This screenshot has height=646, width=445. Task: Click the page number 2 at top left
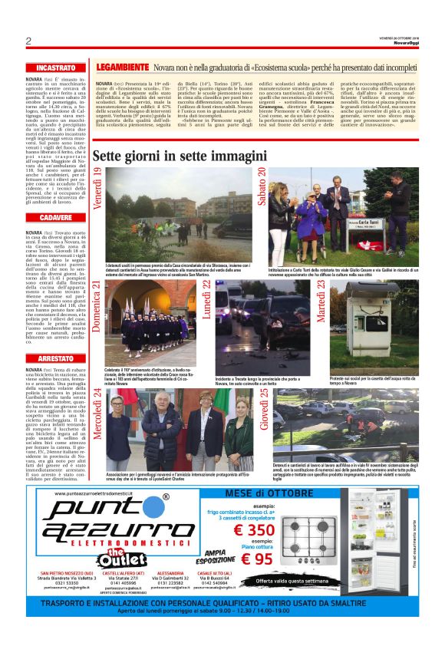pos(28,41)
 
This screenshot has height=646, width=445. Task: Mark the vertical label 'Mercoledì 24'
pos(97,414)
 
